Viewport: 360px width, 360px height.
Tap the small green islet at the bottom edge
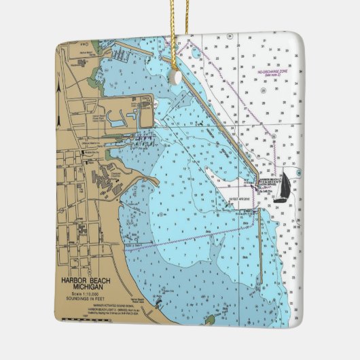(x=210, y=319)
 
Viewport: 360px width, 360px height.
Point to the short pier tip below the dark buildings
(x=156, y=182)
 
